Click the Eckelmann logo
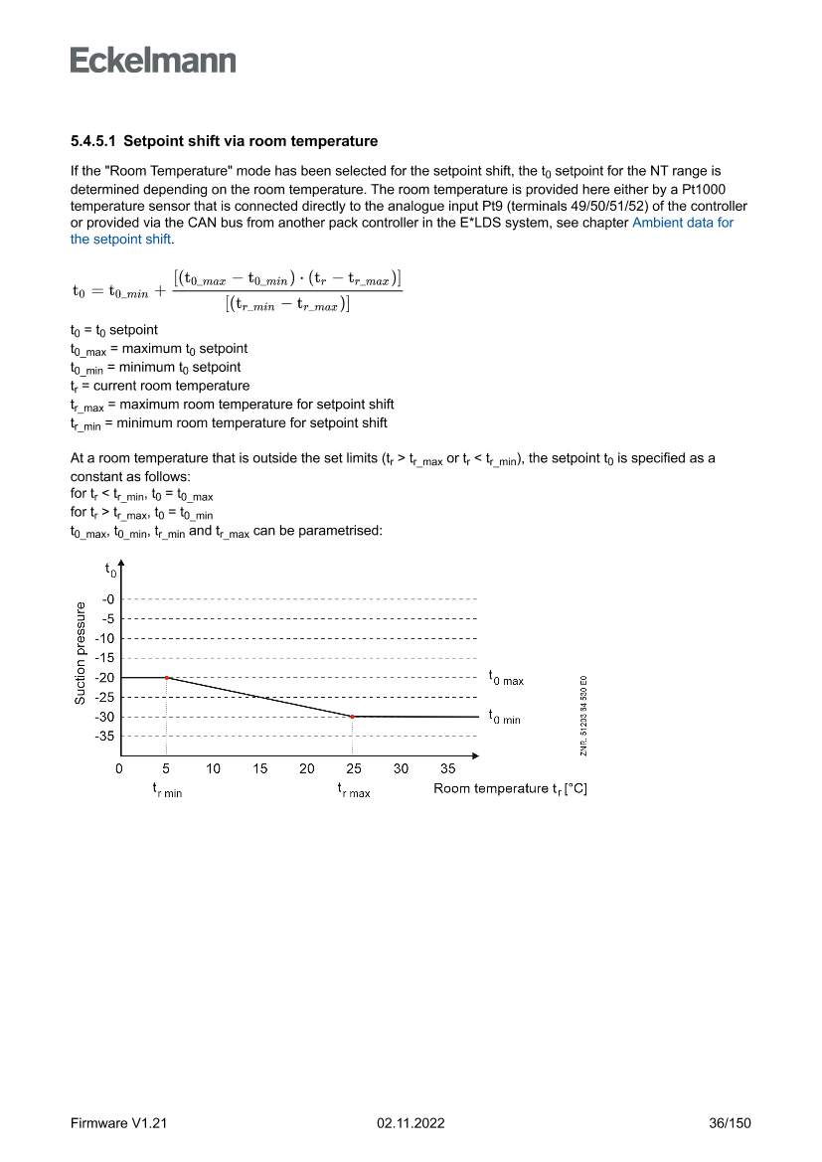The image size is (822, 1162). [x=153, y=60]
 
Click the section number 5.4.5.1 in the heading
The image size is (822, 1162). [x=94, y=141]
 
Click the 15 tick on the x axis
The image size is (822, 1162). [x=260, y=768]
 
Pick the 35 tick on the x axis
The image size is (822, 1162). [x=448, y=768]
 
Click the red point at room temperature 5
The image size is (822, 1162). [x=166, y=678]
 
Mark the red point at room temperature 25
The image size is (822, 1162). [x=353, y=717]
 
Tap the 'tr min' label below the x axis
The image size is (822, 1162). [x=167, y=790]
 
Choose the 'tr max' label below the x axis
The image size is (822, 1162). [x=354, y=790]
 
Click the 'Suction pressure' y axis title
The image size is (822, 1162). [x=81, y=653]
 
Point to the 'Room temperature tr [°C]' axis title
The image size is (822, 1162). [x=510, y=789]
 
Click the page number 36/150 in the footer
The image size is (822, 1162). [x=729, y=1123]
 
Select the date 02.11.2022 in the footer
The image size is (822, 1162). [x=411, y=1123]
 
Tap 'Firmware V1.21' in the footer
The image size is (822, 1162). [x=118, y=1123]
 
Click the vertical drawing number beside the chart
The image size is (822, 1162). [x=584, y=716]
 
